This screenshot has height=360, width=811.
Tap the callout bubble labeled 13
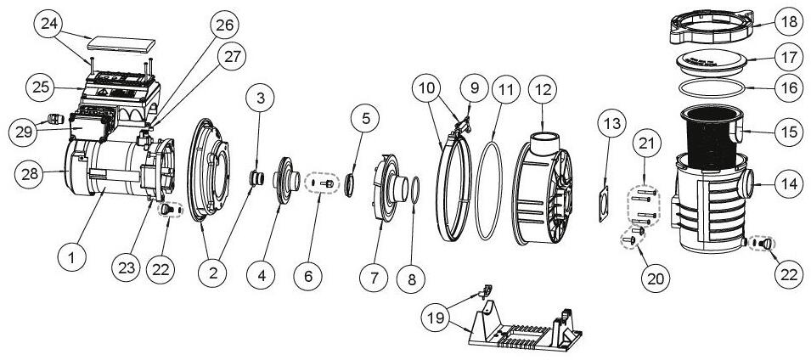point(614,124)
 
